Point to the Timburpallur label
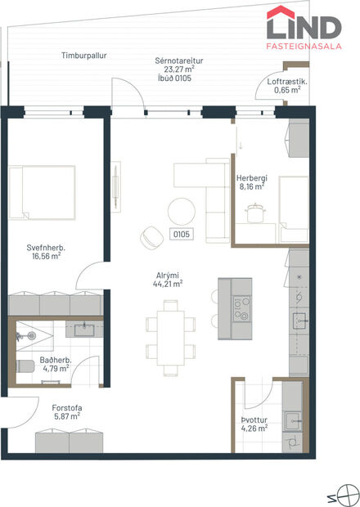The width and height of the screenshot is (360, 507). [84, 56]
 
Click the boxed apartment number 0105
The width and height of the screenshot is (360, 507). [181, 234]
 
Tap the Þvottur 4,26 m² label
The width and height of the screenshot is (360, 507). [254, 426]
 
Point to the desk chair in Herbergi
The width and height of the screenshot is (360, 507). [255, 213]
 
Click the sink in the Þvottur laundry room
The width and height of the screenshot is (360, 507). [293, 422]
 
